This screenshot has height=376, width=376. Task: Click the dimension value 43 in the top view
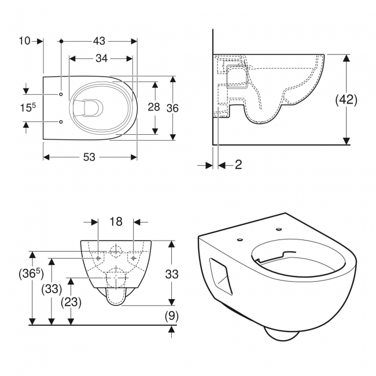(99, 40)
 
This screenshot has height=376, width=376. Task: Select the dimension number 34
(101, 58)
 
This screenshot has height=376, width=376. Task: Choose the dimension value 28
(153, 108)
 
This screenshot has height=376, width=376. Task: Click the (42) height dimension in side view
(346, 99)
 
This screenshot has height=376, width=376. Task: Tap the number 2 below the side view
(238, 165)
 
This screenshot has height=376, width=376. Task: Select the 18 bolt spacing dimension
(116, 222)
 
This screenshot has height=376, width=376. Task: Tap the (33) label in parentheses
(53, 289)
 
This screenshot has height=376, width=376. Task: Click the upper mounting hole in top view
(61, 94)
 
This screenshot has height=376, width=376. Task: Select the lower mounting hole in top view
(61, 122)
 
